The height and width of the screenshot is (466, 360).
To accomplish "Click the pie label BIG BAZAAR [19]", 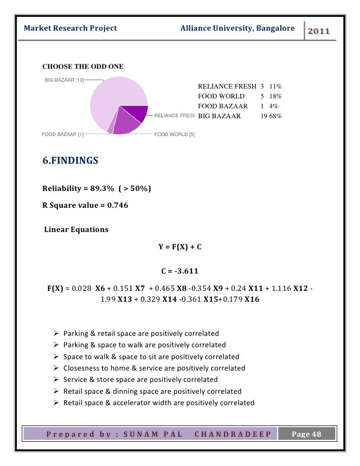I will click(x=65, y=80).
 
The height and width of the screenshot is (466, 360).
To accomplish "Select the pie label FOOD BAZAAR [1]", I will click(x=62, y=134).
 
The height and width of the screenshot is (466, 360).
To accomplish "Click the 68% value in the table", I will click(x=275, y=117).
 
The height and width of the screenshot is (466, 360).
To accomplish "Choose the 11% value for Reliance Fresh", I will click(x=275, y=87).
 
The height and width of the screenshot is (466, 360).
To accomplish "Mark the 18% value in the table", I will click(x=275, y=96).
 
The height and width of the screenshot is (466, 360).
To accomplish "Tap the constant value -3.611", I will click(x=185, y=271).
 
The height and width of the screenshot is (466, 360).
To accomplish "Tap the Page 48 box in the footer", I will click(x=306, y=434).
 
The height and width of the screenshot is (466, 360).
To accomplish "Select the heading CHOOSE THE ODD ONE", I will click(x=83, y=67).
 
